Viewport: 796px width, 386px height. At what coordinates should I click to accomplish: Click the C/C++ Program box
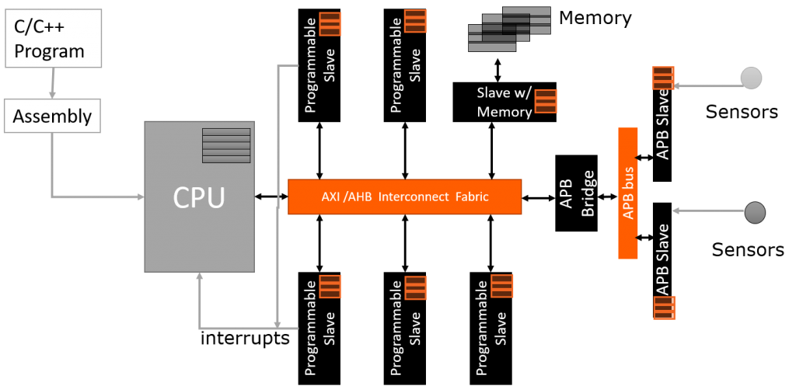click(x=53, y=38)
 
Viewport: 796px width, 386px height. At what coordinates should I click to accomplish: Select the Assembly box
click(x=52, y=116)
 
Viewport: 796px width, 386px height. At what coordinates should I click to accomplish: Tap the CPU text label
click(x=198, y=197)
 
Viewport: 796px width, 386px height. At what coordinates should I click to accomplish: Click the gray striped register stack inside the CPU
click(x=226, y=145)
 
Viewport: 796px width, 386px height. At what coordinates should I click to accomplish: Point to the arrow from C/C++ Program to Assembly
click(x=52, y=82)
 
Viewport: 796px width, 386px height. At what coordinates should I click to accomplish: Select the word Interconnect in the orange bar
click(x=413, y=197)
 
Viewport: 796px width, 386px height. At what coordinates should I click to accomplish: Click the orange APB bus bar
click(x=627, y=193)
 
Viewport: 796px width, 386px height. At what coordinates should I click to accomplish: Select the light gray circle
click(x=751, y=78)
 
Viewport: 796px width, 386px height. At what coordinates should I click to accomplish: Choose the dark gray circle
click(x=755, y=211)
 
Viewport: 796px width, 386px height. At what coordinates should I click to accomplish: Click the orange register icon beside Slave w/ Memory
click(x=546, y=102)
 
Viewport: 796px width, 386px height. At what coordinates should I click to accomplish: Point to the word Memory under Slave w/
click(x=504, y=112)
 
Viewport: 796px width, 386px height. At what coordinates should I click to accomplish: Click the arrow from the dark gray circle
click(x=711, y=211)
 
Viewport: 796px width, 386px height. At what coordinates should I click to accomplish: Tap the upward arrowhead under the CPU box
click(x=201, y=278)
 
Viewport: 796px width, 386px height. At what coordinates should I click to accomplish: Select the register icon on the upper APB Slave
click(x=662, y=78)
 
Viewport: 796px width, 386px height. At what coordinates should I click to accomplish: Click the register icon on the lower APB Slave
click(x=663, y=308)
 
